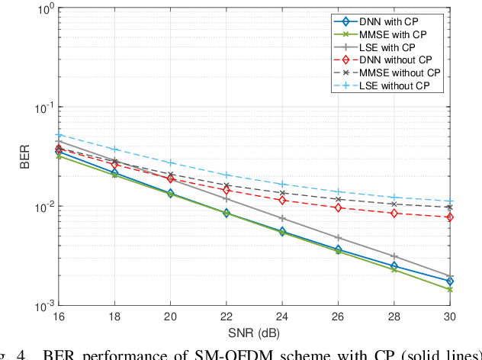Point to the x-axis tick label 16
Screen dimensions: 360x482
tap(58, 317)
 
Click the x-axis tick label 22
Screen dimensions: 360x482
tap(227, 317)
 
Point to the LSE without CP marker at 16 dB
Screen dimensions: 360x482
tap(58, 135)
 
